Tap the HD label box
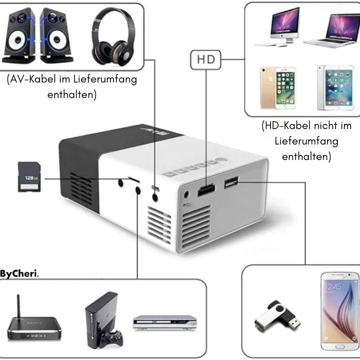[x=205, y=59]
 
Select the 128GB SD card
[x=29, y=176]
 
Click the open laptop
[x=331, y=29]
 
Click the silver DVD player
[x=162, y=321]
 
